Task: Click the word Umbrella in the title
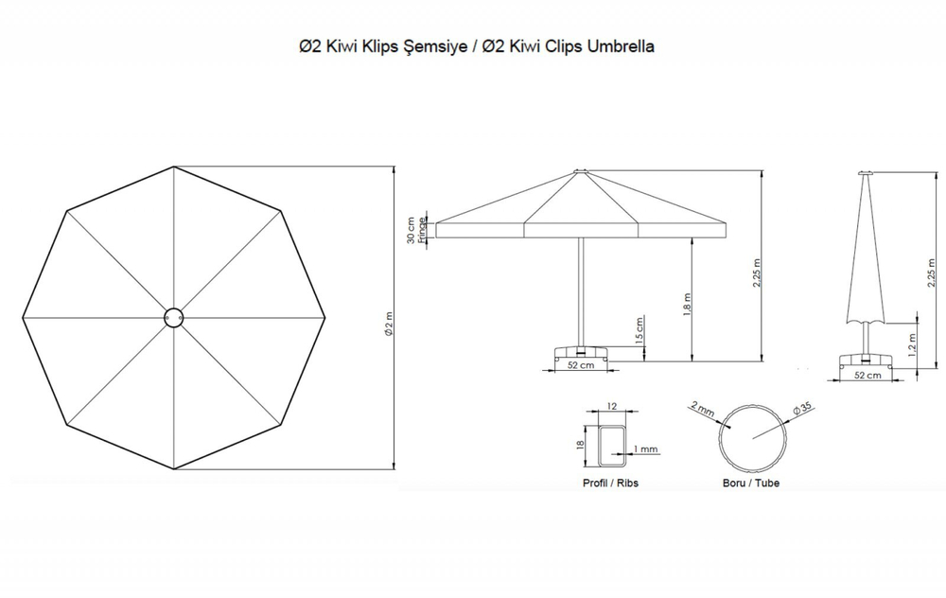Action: tap(621, 46)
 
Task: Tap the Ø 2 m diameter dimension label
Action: tap(389, 324)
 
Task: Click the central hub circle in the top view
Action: tap(174, 317)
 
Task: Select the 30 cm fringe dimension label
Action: tap(411, 230)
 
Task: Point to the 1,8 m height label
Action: tap(687, 305)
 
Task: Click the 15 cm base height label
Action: tap(639, 330)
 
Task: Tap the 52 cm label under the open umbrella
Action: tap(581, 365)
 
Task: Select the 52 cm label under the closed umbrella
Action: tap(867, 376)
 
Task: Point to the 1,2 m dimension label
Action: tap(912, 344)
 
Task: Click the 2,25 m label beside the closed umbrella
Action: tap(932, 273)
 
